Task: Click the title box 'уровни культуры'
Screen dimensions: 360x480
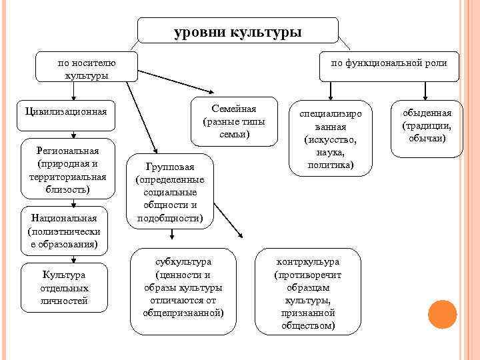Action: [x=238, y=31]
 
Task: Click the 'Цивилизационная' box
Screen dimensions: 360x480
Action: [x=65, y=110]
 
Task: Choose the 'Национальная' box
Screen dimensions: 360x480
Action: [x=63, y=231]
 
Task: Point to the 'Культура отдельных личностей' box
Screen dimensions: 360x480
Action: [x=64, y=287]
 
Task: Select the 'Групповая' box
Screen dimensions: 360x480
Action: [x=169, y=191]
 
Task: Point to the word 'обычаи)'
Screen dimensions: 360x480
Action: [x=427, y=138]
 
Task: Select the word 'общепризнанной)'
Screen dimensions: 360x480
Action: [x=183, y=312]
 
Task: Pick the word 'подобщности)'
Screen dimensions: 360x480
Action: [x=170, y=217]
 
